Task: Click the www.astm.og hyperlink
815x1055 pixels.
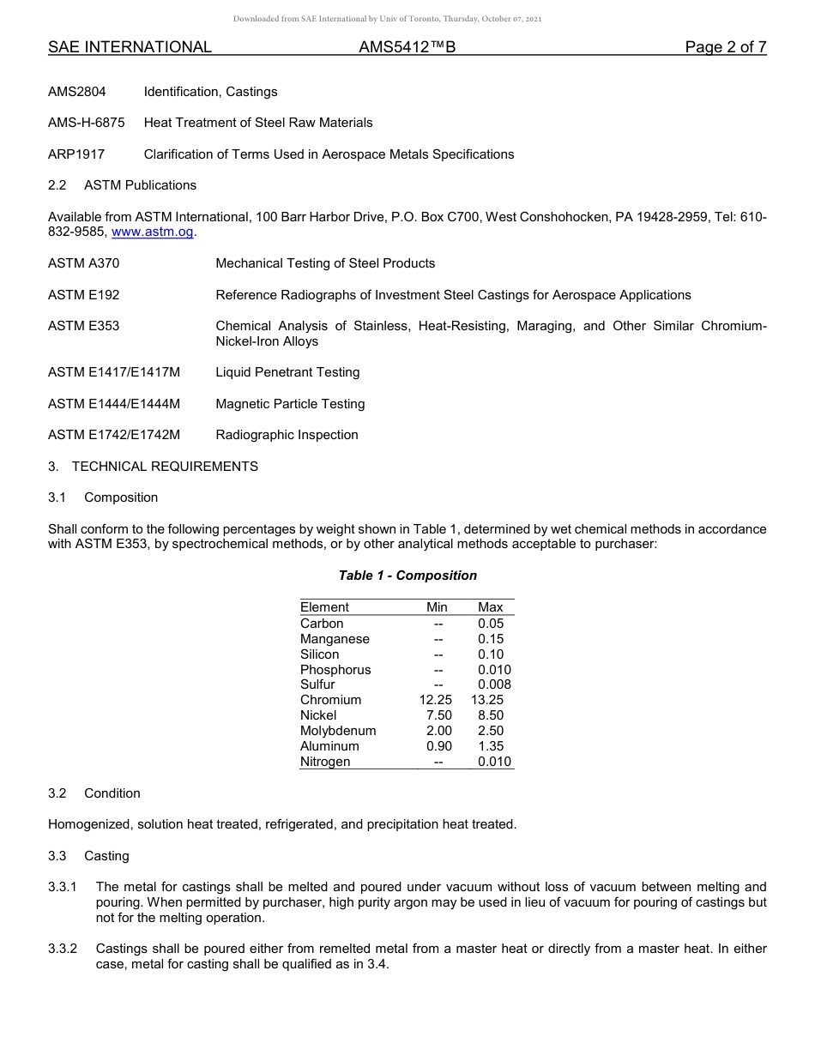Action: click(x=153, y=232)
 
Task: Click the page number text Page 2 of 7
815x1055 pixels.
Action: click(x=725, y=47)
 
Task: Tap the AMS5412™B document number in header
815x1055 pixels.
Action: click(x=407, y=47)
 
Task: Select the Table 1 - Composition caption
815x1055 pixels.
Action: click(x=407, y=576)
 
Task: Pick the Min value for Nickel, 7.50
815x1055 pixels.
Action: click(x=438, y=715)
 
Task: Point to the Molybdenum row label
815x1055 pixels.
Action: click(x=338, y=731)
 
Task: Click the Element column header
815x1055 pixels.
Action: click(x=324, y=607)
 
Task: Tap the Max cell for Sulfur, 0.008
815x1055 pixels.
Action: click(x=493, y=684)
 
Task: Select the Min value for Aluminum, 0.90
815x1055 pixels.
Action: click(x=438, y=746)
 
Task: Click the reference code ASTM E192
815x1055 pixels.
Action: click(x=84, y=295)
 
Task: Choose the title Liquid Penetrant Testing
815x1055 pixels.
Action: click(x=287, y=372)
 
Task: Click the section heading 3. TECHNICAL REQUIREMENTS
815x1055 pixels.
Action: click(x=153, y=467)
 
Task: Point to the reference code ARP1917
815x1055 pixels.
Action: click(x=76, y=154)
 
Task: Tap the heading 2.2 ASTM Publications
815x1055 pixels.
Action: click(x=122, y=185)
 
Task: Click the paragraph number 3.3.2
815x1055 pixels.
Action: click(x=63, y=949)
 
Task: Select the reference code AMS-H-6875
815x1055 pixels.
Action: click(x=86, y=123)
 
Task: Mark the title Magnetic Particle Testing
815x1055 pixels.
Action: click(x=290, y=404)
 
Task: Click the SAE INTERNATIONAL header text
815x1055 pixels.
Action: click(x=130, y=47)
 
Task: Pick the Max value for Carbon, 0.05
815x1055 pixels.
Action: click(x=491, y=624)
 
